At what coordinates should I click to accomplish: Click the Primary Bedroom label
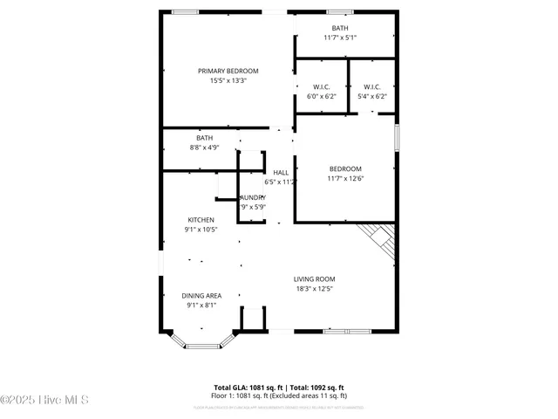coord(228,71)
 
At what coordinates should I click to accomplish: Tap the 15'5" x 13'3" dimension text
coord(228,80)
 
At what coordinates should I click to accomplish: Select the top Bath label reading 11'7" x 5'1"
coord(339,32)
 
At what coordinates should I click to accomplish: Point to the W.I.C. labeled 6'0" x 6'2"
coord(322,91)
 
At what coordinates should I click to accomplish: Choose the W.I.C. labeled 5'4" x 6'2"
coord(371,91)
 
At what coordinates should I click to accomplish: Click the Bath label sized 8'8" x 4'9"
coord(203,142)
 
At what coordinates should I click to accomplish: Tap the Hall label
coord(281,172)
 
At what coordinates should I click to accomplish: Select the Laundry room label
coord(252,198)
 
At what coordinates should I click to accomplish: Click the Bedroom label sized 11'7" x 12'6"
coord(344,173)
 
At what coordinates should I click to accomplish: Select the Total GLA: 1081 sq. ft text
coord(244,387)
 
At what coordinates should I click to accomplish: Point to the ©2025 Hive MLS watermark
coord(44,401)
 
